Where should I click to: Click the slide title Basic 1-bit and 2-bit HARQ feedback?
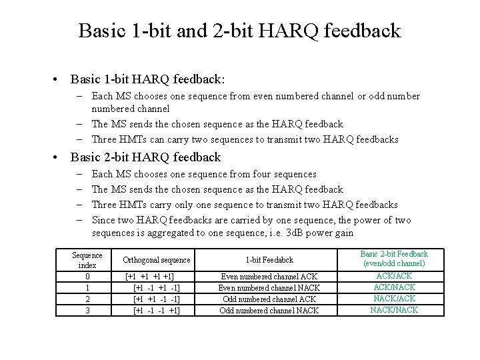point(239,31)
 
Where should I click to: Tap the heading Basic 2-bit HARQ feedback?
point(145,157)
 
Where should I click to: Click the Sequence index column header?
point(87,260)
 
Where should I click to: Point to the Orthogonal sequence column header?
point(157,260)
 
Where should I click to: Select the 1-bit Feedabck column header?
point(269,260)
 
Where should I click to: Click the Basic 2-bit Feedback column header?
point(394,259)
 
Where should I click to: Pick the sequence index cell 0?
point(87,277)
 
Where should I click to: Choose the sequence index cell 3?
point(87,310)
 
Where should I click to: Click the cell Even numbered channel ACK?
point(269,277)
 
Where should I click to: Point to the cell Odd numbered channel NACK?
point(269,311)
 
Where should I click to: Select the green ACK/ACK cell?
point(394,275)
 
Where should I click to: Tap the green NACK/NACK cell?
point(394,309)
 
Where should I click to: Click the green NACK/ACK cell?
point(394,298)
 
